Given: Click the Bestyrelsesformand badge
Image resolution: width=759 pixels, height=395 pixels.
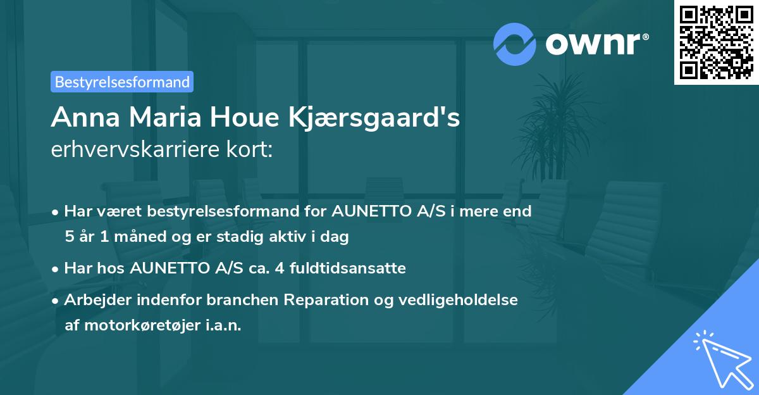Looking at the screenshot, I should tap(122, 82).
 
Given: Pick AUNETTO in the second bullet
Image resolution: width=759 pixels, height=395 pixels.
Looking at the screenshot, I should tap(167, 268).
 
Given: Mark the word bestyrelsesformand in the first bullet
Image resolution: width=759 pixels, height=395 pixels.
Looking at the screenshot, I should tap(211, 211).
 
